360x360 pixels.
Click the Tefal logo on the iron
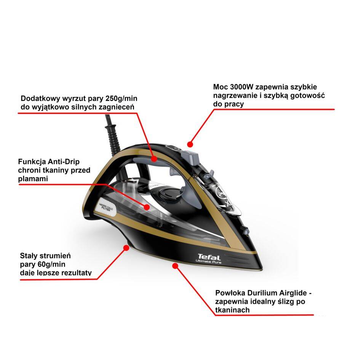(206, 256)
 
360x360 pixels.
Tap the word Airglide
(292, 293)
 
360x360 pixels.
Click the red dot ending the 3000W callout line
(190, 144)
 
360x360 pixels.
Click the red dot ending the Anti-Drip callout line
(147, 206)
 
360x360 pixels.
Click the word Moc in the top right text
(220, 87)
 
